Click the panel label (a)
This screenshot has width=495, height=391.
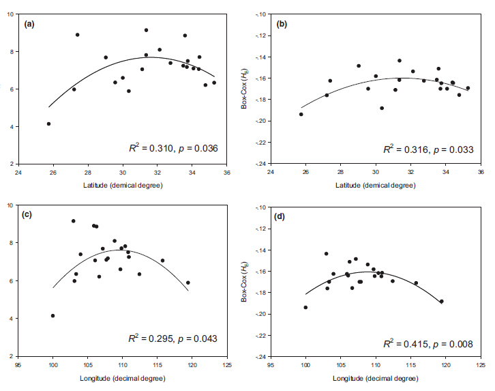[x=29, y=24]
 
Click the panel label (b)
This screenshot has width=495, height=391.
[x=283, y=24]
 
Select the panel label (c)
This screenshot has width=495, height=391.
[x=29, y=216]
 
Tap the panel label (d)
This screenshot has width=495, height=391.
[x=283, y=216]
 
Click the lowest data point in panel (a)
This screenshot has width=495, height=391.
[x=48, y=124]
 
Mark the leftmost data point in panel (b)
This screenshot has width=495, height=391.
[x=301, y=114]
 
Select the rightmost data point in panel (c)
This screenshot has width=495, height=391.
[x=188, y=283]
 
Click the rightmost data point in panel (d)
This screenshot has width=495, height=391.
[x=441, y=301]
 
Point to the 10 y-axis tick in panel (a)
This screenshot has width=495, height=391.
[x=10, y=14]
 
